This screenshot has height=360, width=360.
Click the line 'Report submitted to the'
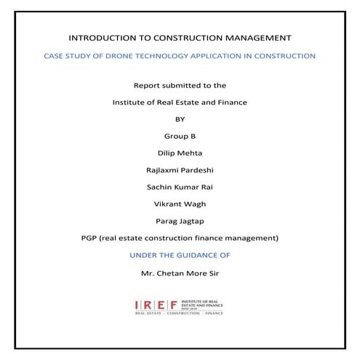180,85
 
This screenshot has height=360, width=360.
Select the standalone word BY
180,119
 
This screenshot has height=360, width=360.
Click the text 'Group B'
180,136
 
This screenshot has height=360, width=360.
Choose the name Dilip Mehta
180,153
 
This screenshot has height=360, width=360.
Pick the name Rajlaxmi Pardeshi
180,170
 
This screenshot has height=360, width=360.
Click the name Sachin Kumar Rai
180,187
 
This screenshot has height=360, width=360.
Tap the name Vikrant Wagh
180,204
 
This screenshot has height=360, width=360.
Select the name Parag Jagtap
180,221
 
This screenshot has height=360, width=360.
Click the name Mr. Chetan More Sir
180,273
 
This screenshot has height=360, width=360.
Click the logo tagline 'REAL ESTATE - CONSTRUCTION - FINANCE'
180,314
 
